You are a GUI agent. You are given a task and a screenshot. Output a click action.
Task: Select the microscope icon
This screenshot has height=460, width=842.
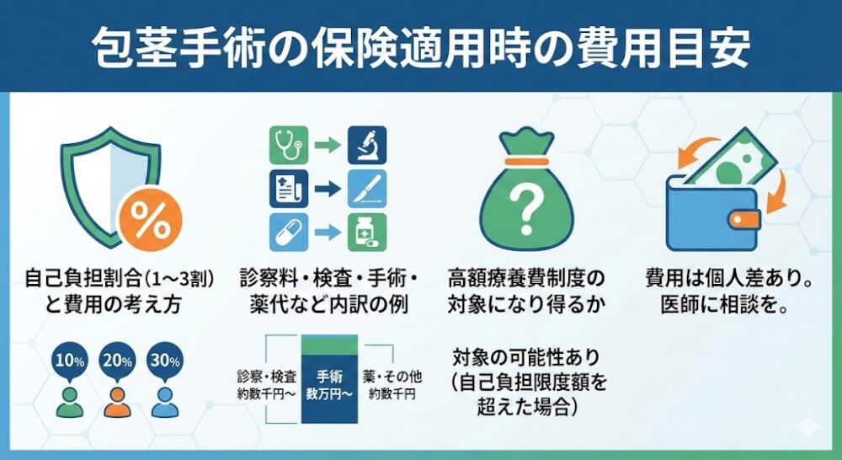coord(366,145)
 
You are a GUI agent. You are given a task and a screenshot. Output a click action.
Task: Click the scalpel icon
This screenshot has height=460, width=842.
coord(366,189)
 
